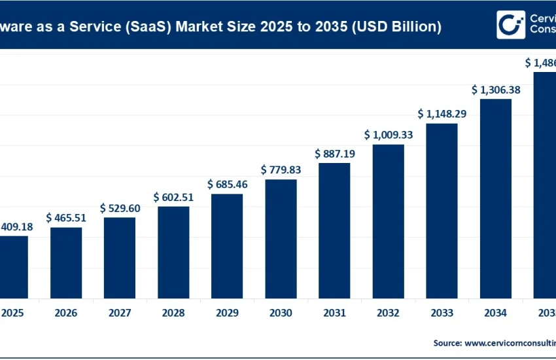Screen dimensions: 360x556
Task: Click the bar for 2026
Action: click(66, 262)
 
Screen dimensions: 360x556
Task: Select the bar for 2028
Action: click(173, 252)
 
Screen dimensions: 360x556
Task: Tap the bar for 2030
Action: click(281, 238)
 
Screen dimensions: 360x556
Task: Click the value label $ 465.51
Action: click(66, 217)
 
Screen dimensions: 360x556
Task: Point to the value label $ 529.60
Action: click(120, 207)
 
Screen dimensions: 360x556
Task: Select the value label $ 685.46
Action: click(227, 184)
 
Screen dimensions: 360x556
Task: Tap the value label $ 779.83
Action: click(281, 170)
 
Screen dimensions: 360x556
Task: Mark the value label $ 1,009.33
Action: click(388, 135)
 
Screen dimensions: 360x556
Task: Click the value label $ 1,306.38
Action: click(495, 90)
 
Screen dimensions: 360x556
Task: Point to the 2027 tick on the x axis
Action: click(120, 313)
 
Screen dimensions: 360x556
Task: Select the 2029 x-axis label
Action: click(227, 313)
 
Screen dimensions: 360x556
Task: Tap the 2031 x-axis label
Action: click(334, 313)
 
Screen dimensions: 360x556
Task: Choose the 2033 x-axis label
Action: click(442, 313)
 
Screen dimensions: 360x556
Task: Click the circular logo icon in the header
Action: click(510, 25)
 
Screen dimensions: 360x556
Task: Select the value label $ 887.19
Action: click(334, 154)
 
